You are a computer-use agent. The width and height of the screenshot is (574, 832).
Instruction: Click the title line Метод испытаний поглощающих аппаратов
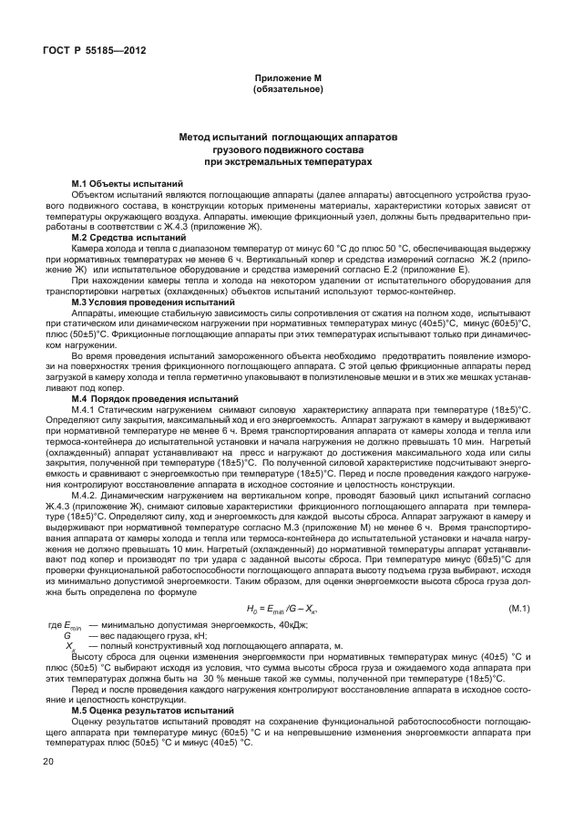(x=287, y=135)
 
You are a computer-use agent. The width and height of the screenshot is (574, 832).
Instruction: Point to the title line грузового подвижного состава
(x=287, y=148)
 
